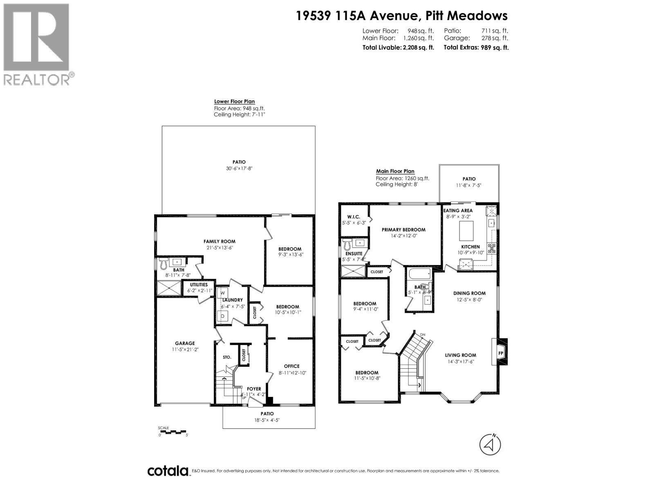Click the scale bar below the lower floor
(x=172, y=432)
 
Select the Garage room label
(x=185, y=343)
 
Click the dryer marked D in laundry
(x=223, y=316)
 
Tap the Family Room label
(x=219, y=241)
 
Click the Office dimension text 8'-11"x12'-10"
(x=291, y=373)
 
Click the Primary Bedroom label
(x=403, y=229)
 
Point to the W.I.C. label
(x=353, y=216)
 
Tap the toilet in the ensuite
(x=347, y=245)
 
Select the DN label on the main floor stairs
(x=423, y=335)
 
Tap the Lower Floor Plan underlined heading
(x=234, y=102)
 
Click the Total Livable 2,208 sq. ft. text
(x=398, y=47)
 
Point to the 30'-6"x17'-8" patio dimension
(x=239, y=168)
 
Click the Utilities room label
(x=199, y=285)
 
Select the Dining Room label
(x=469, y=293)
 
